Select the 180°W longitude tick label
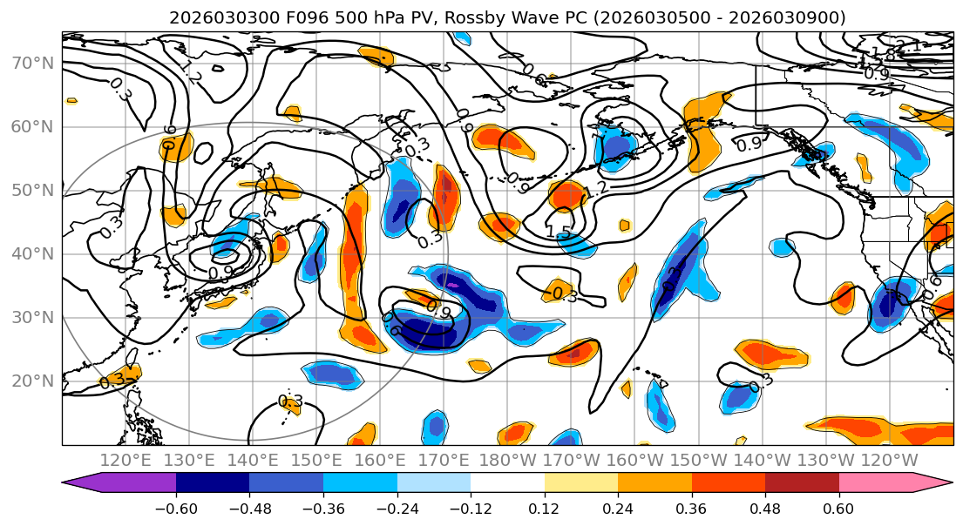(506, 460)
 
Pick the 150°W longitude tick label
(697, 460)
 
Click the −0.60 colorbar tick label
(176, 508)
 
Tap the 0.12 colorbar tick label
(545, 508)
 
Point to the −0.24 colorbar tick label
(397, 508)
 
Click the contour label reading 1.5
(559, 232)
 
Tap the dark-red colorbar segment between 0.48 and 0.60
(802, 483)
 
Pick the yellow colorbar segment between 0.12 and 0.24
(581, 483)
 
